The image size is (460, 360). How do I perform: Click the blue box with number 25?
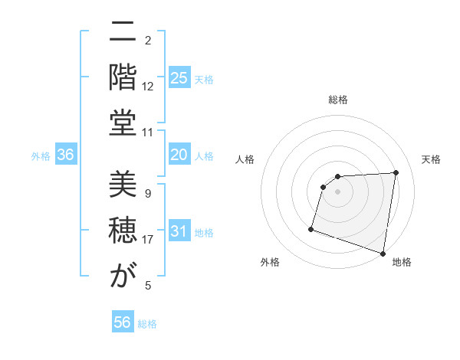click(x=179, y=78)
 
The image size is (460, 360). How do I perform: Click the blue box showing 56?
click(x=123, y=322)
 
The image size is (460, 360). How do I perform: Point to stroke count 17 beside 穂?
click(x=148, y=240)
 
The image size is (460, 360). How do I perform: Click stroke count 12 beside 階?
click(x=148, y=87)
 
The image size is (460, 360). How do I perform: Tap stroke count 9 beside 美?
click(x=148, y=194)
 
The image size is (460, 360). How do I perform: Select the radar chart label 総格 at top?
click(x=338, y=100)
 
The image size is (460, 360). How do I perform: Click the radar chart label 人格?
click(x=245, y=159)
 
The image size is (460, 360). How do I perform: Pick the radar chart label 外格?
click(x=270, y=263)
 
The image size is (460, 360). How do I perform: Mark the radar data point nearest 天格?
click(x=396, y=172)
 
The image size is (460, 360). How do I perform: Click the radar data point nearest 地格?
click(x=383, y=253)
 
